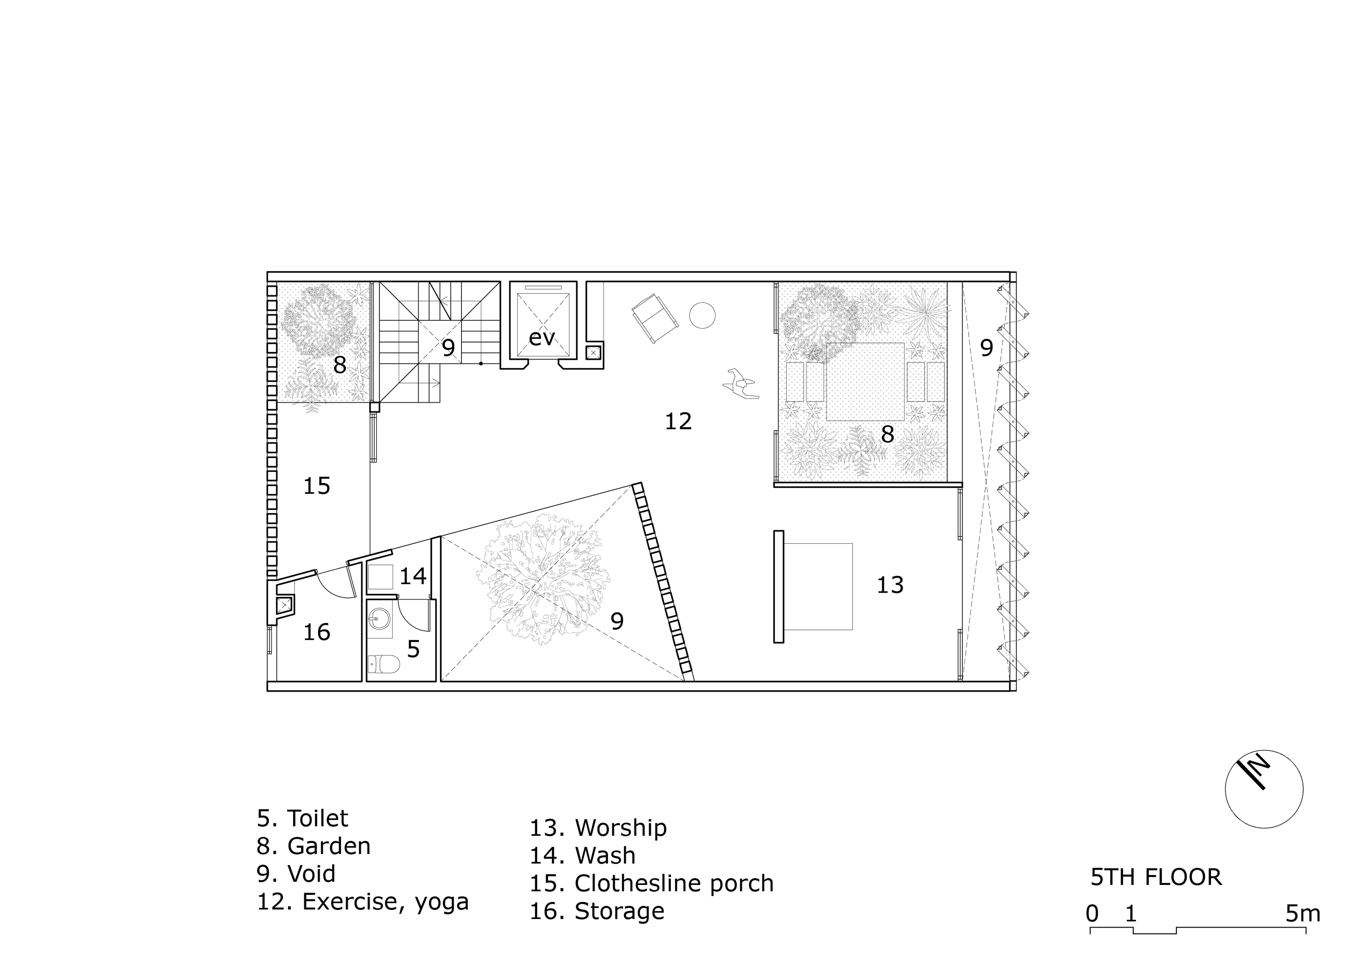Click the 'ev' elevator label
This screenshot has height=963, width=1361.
542,338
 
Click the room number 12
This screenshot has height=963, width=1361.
678,421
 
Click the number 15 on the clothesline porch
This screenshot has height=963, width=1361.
317,486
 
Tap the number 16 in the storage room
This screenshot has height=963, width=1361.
317,632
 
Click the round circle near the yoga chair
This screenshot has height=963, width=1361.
702,315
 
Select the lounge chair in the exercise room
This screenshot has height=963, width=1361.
655,318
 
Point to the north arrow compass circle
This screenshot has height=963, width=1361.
1264,789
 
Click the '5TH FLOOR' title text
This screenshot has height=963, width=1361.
1156,877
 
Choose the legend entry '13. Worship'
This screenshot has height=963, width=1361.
598,827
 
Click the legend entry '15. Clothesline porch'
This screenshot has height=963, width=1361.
651,884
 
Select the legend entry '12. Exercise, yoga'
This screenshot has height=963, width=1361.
363,902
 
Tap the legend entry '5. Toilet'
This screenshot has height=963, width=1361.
302,818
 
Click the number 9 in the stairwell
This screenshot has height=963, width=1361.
449,349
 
